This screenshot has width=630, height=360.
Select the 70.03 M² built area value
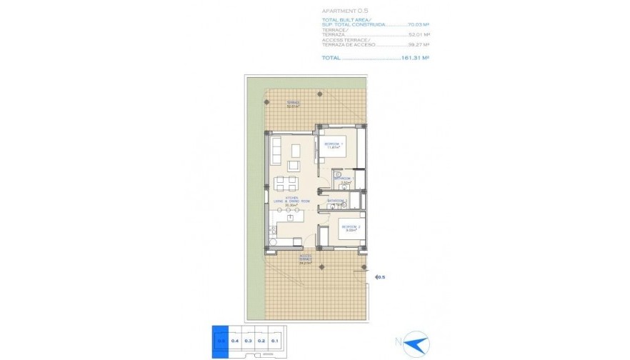(x=416, y=24)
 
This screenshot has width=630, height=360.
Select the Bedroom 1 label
(x=334, y=145)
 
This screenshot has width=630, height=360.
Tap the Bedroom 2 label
(x=351, y=228)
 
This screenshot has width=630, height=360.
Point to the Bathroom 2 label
(x=337, y=201)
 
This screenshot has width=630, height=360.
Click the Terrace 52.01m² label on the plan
(x=293, y=104)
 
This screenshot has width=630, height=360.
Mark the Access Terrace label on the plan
(x=306, y=259)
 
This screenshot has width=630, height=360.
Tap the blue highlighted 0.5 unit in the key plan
(x=220, y=341)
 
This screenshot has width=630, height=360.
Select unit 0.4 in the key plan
(x=235, y=341)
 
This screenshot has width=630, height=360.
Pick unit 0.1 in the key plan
(x=274, y=341)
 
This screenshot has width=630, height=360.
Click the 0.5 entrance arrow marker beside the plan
(x=379, y=277)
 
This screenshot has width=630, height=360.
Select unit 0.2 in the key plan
(x=261, y=341)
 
